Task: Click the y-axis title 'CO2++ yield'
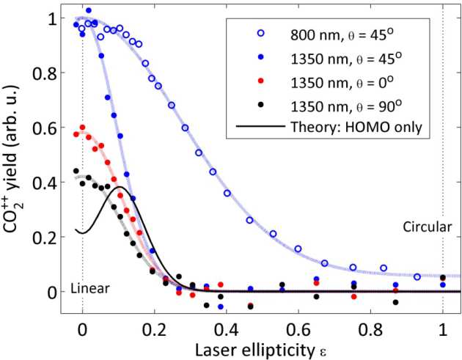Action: click(x=16, y=157)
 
